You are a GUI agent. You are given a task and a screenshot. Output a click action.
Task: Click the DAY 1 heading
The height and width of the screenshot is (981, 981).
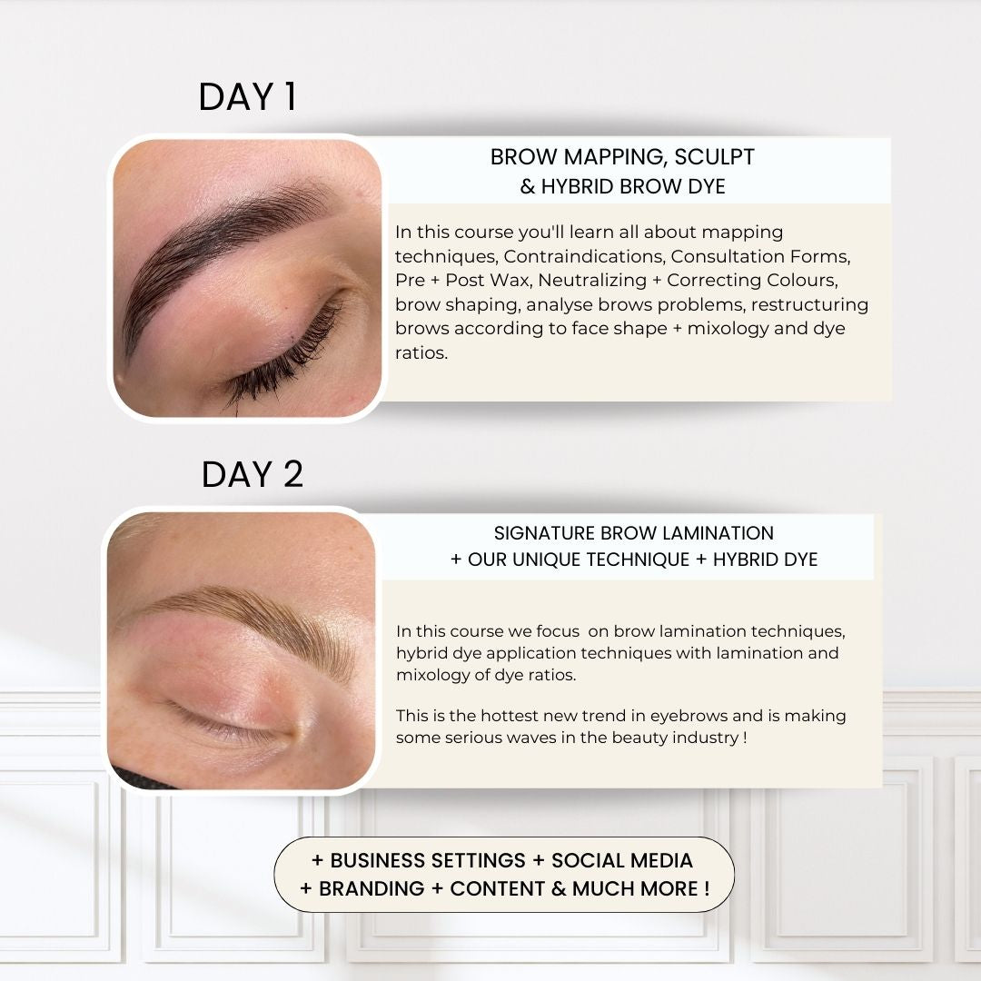[x=247, y=97]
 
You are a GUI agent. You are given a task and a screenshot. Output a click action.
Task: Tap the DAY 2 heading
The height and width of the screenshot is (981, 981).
[x=253, y=474]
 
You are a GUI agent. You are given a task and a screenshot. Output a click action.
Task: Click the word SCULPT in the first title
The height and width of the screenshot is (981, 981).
[x=714, y=157]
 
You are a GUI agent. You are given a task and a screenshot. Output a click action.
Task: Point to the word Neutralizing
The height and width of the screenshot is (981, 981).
[x=592, y=281]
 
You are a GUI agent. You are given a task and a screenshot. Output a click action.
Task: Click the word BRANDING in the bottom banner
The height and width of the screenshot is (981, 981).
[x=372, y=889]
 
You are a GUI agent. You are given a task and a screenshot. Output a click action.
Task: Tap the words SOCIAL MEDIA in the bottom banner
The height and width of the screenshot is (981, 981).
[x=622, y=861]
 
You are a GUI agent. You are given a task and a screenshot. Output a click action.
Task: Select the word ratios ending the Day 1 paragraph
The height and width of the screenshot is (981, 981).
[x=421, y=353]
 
